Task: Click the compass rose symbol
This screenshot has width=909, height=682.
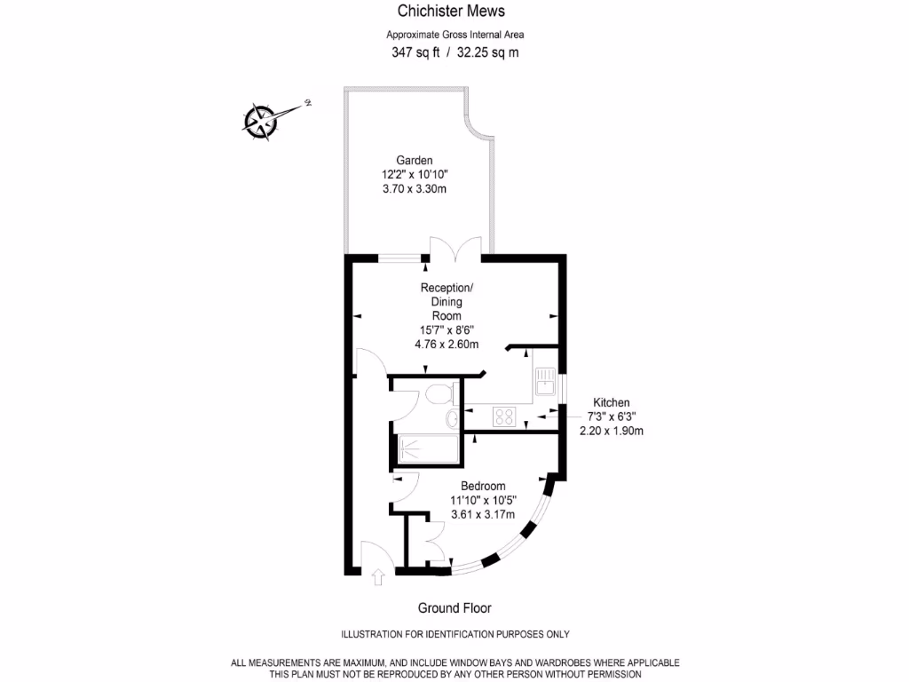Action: click(x=261, y=120)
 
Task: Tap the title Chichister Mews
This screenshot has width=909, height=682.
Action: click(x=451, y=12)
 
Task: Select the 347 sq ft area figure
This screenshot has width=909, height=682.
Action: click(x=416, y=52)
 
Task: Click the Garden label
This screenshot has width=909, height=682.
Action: click(x=415, y=160)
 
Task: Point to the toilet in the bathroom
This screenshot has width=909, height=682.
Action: click(x=439, y=393)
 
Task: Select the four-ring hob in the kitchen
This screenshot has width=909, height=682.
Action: click(x=505, y=416)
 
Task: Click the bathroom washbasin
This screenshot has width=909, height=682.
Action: click(x=453, y=418)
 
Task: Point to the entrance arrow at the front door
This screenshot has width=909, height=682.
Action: click(x=378, y=578)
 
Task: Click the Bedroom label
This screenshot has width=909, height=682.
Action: click(x=483, y=486)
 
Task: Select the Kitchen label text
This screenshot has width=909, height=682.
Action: click(x=611, y=402)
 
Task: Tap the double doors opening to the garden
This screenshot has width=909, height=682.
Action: click(x=454, y=250)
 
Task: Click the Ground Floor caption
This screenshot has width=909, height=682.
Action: click(x=454, y=608)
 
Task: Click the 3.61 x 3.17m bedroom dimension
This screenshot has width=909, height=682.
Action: click(x=483, y=514)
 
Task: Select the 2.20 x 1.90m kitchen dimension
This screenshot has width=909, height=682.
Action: click(x=611, y=431)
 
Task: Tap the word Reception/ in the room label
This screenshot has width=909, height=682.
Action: click(x=447, y=288)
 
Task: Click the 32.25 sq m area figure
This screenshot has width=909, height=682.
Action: click(x=488, y=52)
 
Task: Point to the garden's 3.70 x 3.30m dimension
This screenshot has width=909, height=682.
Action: click(x=415, y=188)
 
